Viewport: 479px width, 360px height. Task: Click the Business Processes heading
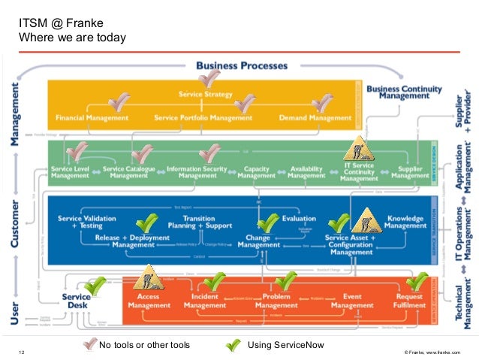242,66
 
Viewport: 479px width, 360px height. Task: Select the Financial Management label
86,118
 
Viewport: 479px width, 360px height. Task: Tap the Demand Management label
315,118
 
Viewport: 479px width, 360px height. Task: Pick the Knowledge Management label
405,223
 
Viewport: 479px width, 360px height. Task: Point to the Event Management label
353,301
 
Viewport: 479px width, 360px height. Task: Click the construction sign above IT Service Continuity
359,152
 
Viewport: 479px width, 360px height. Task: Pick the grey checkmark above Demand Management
324,103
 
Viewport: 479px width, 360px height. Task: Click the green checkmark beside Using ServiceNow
233,346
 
